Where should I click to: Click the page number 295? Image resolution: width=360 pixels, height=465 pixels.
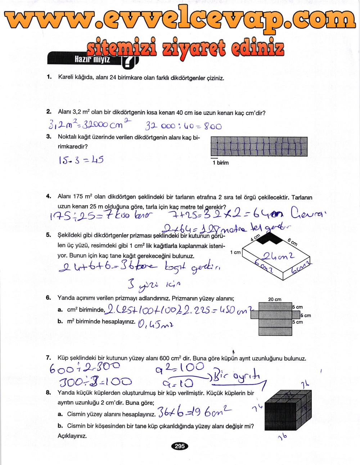[x=180, y=446]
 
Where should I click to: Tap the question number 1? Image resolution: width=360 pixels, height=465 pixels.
[x=49, y=77]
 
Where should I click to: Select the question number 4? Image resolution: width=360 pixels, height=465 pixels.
[x=49, y=196]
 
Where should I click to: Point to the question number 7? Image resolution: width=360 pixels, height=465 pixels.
[x=49, y=358]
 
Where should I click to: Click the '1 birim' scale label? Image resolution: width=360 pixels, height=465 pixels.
[x=220, y=163]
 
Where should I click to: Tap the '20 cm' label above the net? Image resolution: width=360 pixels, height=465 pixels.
[x=275, y=299]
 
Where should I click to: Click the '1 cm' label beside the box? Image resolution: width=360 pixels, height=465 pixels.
[x=235, y=252]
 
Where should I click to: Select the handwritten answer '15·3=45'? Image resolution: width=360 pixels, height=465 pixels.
[x=81, y=160]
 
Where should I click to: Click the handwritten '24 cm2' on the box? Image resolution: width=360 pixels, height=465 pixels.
[x=278, y=256]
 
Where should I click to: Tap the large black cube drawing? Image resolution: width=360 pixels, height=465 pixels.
[x=287, y=411]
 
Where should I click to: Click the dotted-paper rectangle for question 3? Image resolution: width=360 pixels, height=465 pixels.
[x=259, y=146]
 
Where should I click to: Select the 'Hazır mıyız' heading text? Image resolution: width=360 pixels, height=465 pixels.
[x=92, y=59]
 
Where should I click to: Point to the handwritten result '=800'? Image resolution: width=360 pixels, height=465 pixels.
[x=212, y=126]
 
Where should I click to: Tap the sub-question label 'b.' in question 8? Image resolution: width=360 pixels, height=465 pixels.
[x=60, y=426]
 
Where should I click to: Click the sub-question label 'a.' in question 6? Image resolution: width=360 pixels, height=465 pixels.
[x=60, y=310]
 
